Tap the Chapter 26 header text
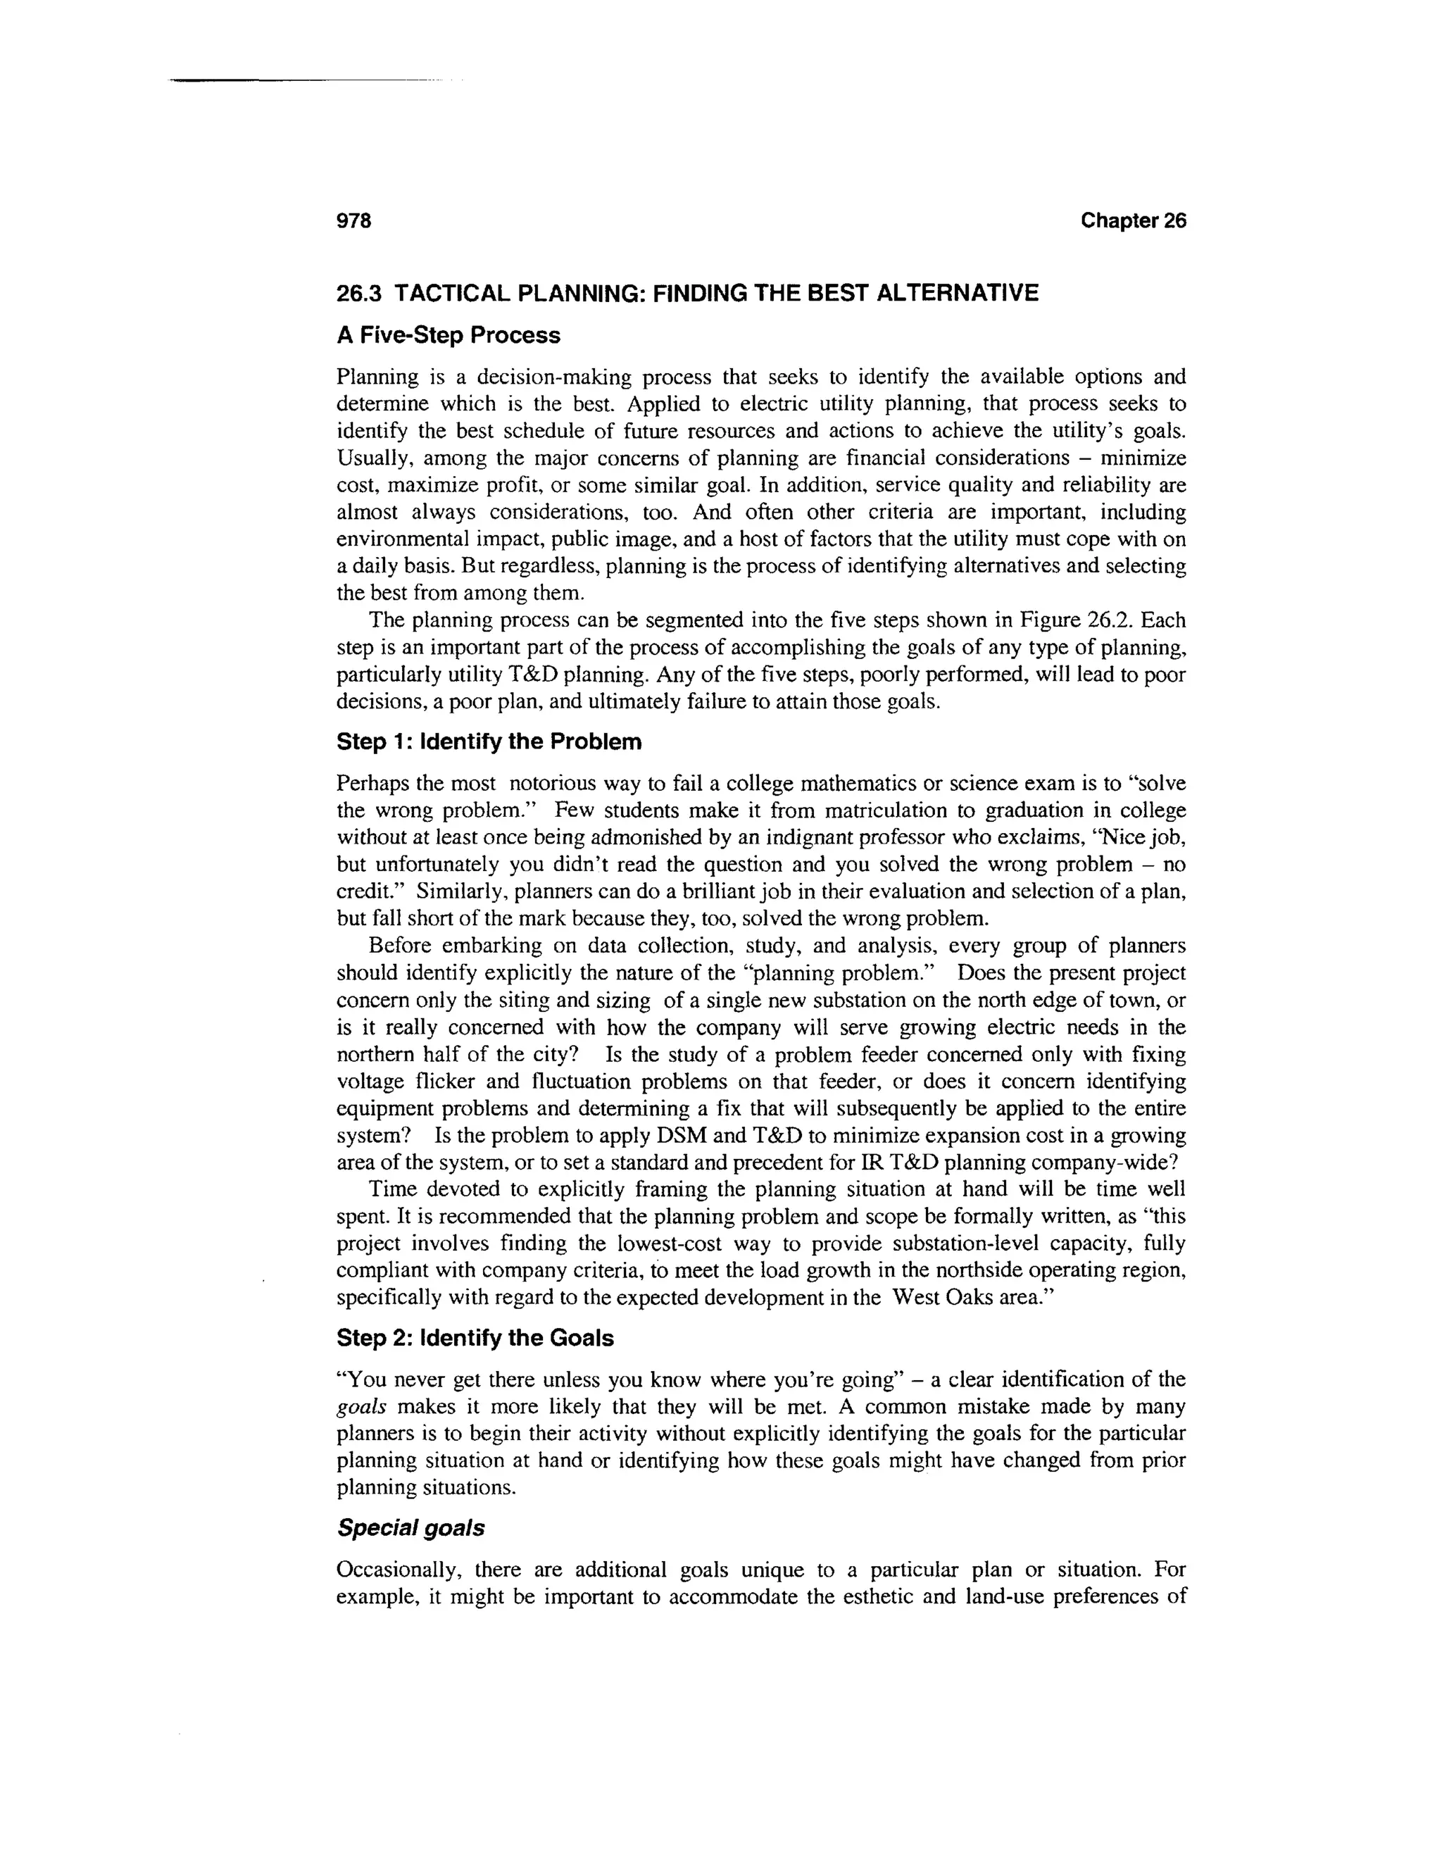coord(1133,221)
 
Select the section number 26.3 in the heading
coord(359,294)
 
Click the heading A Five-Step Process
coord(449,336)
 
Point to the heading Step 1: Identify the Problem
coord(489,741)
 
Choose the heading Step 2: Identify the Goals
coord(475,1338)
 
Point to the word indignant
coord(815,837)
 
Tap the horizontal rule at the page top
coord(299,80)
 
